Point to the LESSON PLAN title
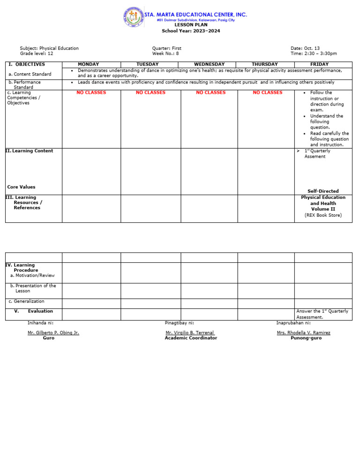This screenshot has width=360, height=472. (191, 25)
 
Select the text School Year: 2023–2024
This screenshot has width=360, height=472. (191, 31)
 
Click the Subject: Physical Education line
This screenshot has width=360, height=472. (49, 48)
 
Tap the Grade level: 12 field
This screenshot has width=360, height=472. (37, 53)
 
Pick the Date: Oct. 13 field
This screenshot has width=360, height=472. (305, 48)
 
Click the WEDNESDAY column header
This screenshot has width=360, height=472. (209, 64)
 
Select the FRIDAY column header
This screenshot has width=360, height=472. (319, 64)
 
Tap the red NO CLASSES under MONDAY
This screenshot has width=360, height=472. (91, 93)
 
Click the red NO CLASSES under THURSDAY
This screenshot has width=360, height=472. (268, 93)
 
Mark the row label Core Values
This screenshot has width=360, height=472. (21, 187)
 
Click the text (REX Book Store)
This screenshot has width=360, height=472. (323, 215)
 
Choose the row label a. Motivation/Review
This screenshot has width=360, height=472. (32, 276)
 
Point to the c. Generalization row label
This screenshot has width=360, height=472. (27, 302)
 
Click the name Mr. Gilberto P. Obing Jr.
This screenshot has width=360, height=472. (53, 333)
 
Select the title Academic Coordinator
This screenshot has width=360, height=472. (191, 338)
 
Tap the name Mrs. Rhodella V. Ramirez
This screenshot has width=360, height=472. (303, 333)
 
